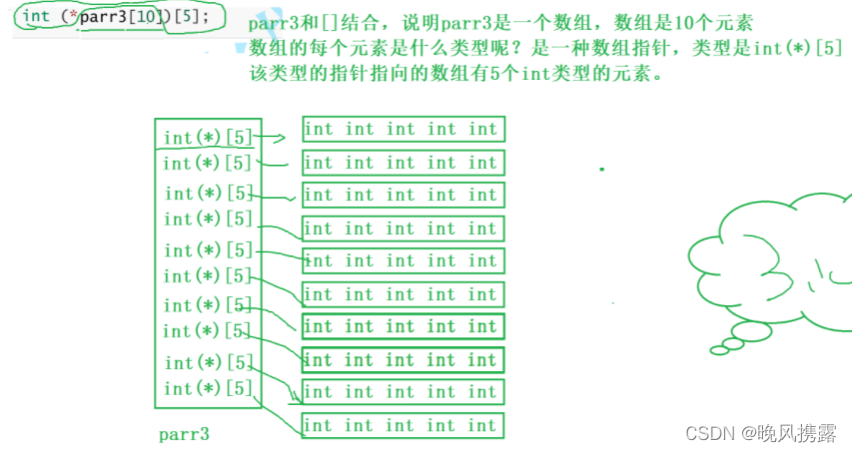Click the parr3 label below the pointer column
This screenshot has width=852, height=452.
click(185, 435)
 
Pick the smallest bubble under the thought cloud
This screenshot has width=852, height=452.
click(718, 349)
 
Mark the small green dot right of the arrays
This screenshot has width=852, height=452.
click(601, 170)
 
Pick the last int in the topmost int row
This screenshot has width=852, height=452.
click(482, 129)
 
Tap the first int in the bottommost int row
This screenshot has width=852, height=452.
click(319, 425)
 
